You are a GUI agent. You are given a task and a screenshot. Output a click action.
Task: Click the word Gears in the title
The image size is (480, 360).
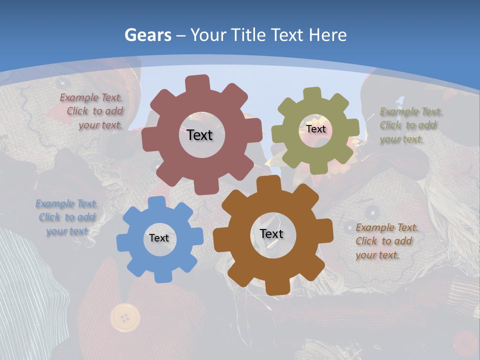pos(147,35)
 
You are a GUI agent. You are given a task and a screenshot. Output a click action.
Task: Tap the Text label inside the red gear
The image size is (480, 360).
pos(200,135)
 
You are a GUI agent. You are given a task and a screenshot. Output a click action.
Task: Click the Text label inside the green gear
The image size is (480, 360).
pos(316,129)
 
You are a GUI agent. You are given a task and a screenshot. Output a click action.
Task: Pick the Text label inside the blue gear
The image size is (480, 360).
pos(159,238)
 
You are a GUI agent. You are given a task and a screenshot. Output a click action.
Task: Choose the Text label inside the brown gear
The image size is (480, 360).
pos(271,234)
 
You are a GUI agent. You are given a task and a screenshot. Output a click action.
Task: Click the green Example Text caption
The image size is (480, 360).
pos(410,125)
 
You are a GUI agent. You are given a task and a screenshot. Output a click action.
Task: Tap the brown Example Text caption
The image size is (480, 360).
pos(386,241)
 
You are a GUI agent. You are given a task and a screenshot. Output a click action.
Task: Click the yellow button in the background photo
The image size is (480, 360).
pos(124,317)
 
